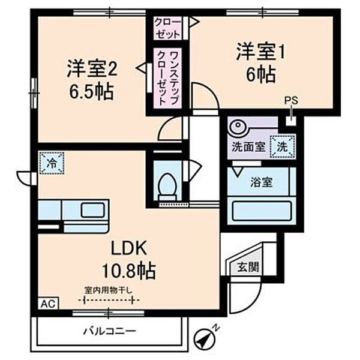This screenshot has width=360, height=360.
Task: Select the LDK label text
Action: pyautogui.click(x=127, y=248)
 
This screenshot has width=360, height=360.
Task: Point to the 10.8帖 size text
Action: pyautogui.click(x=127, y=269)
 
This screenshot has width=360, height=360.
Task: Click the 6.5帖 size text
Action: pyautogui.click(x=91, y=92)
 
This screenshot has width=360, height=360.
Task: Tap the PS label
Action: pyautogui.click(x=290, y=101)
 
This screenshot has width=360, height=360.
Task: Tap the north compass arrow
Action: pyautogui.click(x=206, y=337)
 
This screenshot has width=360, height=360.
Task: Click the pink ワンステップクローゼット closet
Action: pyautogui.click(x=166, y=79)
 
